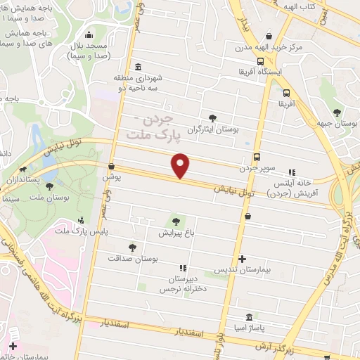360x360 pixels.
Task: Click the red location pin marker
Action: (181, 165)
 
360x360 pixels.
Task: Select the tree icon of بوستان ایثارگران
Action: (212, 117)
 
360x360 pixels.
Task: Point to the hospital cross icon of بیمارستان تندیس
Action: (242, 259)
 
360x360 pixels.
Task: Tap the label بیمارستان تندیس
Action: (242, 271)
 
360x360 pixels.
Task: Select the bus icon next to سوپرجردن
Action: (257, 157)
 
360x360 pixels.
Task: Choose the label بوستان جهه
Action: (337, 124)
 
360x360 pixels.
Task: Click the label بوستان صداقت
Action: (133, 259)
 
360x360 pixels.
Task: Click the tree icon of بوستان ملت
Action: (49, 186)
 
